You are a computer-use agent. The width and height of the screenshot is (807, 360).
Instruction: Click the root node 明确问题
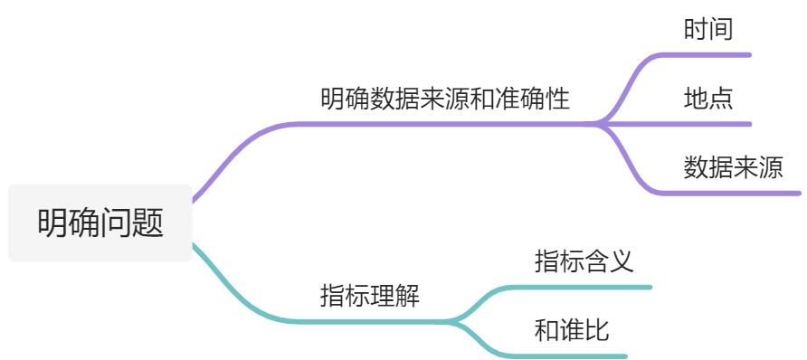(x=100, y=223)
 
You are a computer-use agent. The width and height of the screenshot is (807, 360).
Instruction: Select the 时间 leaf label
(x=707, y=29)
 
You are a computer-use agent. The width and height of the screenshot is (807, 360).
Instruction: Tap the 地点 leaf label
(x=707, y=98)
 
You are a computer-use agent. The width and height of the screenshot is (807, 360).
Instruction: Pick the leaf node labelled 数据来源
(x=733, y=167)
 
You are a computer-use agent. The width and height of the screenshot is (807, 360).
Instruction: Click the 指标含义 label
(x=583, y=261)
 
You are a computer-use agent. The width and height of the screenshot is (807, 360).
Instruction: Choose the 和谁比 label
(x=572, y=331)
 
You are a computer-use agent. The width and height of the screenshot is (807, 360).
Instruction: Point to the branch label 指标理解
(x=369, y=296)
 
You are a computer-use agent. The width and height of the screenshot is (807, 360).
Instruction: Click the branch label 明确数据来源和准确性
(x=444, y=98)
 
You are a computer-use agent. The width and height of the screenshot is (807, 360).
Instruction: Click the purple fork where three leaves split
(x=608, y=123)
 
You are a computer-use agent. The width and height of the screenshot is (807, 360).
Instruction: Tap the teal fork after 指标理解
(x=458, y=320)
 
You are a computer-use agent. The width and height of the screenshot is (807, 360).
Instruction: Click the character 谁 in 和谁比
(x=572, y=331)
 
